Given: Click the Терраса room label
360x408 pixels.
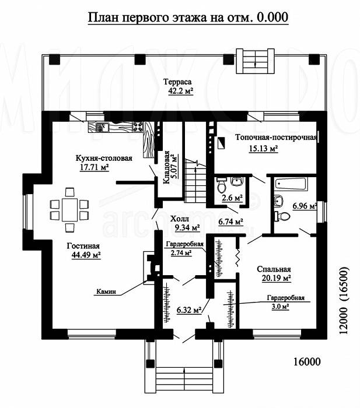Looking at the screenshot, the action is click(177, 82).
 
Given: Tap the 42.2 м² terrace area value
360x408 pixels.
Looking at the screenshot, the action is click(181, 91).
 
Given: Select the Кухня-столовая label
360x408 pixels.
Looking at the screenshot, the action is click(104, 158).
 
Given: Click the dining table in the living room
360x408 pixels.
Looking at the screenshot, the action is click(69, 209).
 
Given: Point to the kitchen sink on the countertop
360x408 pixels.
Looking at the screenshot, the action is click(102, 126).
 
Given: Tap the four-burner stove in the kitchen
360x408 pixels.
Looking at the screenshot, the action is click(138, 126).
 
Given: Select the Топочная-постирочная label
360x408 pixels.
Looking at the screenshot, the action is click(276, 137).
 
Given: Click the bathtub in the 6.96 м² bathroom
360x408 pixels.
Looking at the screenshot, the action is click(291, 184).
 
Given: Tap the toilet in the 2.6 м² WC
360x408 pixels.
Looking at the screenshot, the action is click(222, 185).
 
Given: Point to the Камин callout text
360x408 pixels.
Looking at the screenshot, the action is click(106, 291).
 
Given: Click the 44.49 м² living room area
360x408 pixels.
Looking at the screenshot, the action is click(86, 255).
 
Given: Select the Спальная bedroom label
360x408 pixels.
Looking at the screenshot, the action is click(274, 269).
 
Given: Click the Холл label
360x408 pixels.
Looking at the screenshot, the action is click(180, 219).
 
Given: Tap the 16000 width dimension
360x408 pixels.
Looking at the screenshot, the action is click(307, 361).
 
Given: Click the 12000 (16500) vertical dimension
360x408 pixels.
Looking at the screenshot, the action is click(344, 300).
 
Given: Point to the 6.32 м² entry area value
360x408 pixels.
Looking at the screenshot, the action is click(189, 310).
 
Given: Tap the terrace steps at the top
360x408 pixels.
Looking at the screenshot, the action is click(255, 61).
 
